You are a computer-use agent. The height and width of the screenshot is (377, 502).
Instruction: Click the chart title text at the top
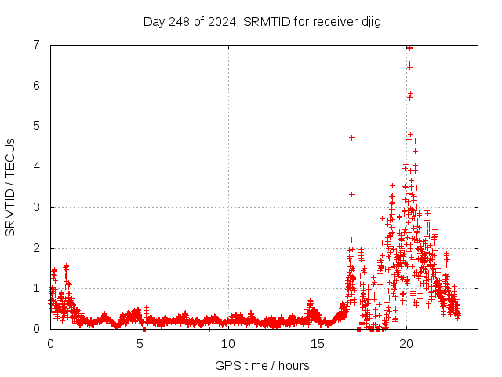(x=262, y=21)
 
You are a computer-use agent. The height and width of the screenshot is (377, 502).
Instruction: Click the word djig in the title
(x=369, y=21)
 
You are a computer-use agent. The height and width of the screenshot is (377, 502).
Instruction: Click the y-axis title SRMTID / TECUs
(x=10, y=187)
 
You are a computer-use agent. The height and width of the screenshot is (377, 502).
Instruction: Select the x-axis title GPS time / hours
(x=262, y=365)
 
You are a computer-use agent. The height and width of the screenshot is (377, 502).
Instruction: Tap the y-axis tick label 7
(x=37, y=45)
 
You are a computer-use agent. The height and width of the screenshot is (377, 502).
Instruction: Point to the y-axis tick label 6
(x=37, y=86)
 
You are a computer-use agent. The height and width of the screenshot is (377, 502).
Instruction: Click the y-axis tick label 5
(x=37, y=126)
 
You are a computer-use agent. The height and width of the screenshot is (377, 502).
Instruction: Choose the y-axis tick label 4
(x=37, y=167)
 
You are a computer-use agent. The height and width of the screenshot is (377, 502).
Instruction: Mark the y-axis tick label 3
(x=37, y=207)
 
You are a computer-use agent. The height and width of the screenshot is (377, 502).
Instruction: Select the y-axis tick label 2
(x=37, y=248)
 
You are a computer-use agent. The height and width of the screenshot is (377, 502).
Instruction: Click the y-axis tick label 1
(x=37, y=288)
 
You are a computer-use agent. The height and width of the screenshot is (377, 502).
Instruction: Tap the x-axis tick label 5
(x=140, y=343)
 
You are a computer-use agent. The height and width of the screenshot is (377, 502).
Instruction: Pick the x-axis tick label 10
(x=228, y=343)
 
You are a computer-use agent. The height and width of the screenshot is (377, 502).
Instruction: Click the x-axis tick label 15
(x=318, y=343)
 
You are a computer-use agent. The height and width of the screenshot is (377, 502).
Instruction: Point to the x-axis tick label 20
(x=406, y=343)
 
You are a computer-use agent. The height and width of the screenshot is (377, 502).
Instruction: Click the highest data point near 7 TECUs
(x=409, y=48)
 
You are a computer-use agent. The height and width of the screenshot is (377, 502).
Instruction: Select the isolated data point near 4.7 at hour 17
(x=351, y=137)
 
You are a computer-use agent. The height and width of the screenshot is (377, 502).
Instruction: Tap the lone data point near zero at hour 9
(x=210, y=328)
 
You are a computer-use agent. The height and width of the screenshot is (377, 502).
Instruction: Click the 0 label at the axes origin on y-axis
(x=37, y=329)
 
